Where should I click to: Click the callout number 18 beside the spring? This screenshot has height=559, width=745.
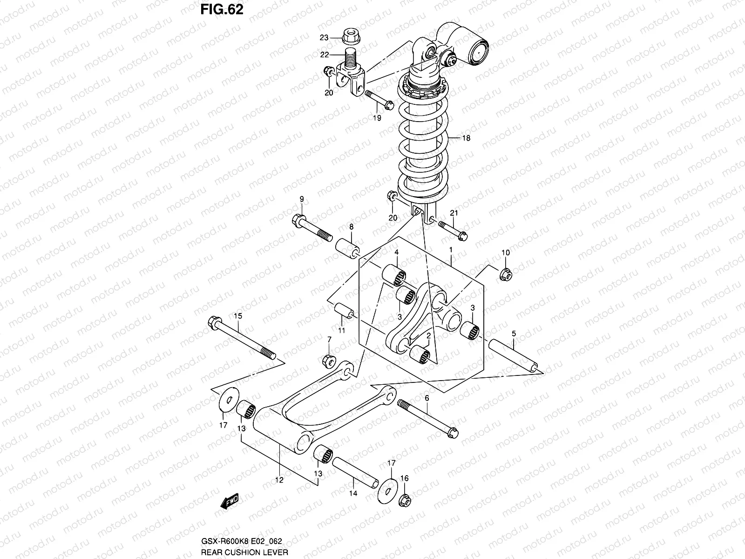pyautogui.click(x=466, y=138)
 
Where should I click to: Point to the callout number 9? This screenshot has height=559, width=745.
pyautogui.click(x=301, y=200)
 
